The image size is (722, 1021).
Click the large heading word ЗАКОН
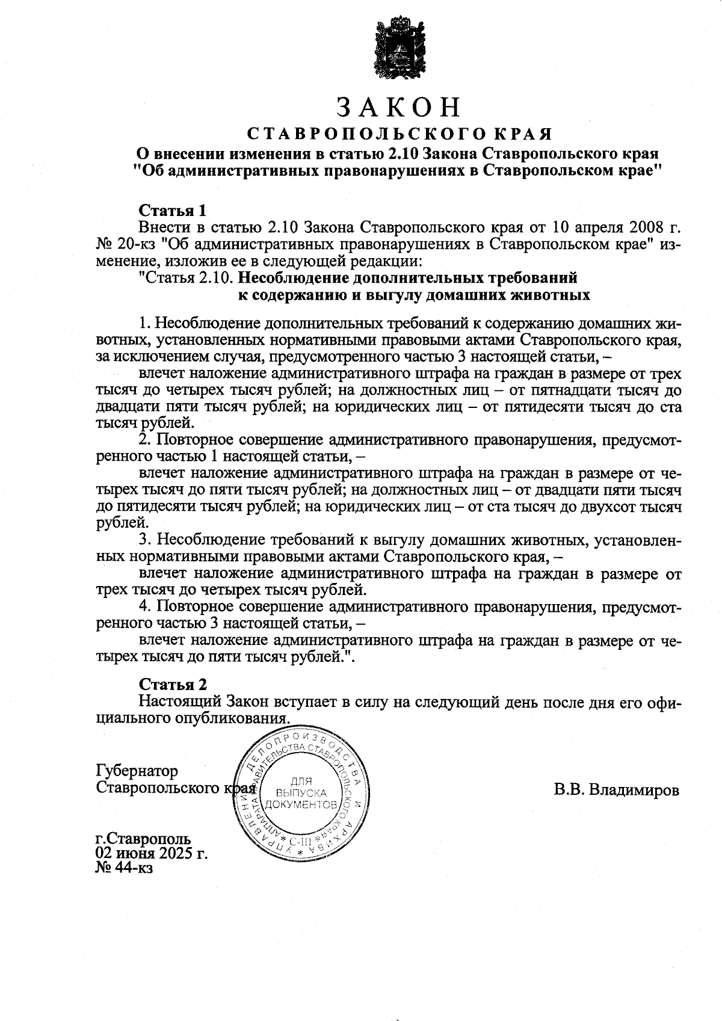[399, 107]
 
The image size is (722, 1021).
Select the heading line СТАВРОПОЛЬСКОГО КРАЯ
[400, 133]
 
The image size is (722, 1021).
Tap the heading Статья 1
[173, 211]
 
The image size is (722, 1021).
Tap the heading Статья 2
[173, 685]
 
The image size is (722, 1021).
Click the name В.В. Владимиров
[616, 790]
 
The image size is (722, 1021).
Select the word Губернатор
[137, 771]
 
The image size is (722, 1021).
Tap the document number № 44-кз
[125, 868]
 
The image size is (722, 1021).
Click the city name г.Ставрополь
[143, 839]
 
